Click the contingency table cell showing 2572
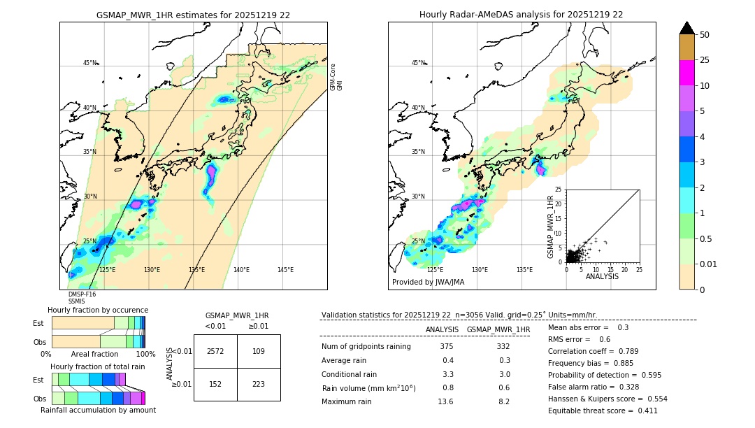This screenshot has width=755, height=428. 215,351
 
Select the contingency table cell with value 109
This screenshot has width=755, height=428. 259,351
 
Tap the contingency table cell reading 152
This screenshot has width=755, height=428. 215,385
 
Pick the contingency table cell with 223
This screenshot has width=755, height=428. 259,385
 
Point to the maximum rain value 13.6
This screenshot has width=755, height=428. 445,401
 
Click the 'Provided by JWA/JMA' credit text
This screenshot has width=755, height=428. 428,282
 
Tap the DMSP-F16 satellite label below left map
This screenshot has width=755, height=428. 82,294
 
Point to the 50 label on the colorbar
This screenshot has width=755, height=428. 705,34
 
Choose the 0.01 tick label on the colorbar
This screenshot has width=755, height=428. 709,264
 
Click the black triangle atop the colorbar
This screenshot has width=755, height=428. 686,28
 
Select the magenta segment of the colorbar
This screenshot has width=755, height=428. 686,73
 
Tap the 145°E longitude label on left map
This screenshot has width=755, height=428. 285,270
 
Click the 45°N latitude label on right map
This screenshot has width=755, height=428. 418,63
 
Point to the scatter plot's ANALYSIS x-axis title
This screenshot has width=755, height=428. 602,276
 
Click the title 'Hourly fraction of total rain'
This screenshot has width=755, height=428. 98,366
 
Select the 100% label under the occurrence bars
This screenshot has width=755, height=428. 145,354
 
